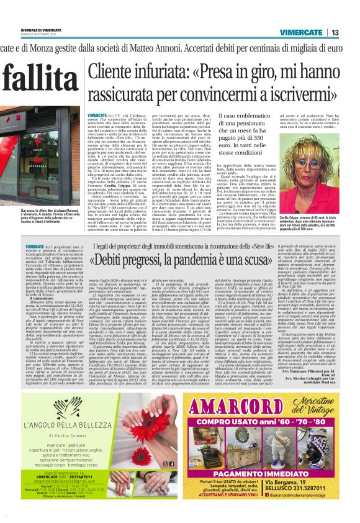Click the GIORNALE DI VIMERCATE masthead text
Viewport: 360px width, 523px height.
[22, 30]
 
